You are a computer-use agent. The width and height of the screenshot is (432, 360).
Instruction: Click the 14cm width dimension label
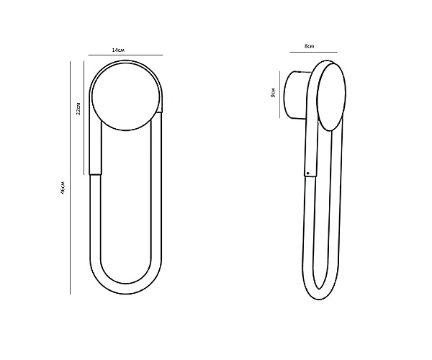(x=118, y=50)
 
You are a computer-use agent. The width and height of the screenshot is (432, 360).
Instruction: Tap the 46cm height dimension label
(x=63, y=188)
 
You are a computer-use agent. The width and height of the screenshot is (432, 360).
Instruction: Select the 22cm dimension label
(x=78, y=109)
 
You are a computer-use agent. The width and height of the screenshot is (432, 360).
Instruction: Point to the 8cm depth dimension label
(x=309, y=46)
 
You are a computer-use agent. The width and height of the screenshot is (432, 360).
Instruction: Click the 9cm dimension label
(x=274, y=93)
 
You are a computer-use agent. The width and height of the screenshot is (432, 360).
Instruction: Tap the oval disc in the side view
(x=331, y=96)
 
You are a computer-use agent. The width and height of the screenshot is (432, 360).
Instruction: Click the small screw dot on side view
(x=308, y=174)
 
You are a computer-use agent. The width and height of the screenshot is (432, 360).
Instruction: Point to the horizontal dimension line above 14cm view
(x=125, y=55)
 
